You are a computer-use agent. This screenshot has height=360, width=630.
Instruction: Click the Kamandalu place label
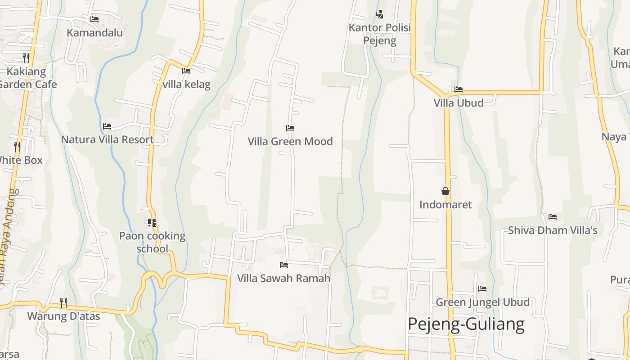94,32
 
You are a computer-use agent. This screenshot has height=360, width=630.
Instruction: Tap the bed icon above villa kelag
186,71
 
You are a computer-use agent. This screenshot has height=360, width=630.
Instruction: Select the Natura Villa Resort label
107,139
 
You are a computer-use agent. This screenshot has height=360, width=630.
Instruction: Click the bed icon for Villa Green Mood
290,128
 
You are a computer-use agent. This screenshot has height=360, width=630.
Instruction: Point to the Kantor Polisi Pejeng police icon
379,14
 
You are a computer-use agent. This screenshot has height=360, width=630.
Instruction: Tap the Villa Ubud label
459,103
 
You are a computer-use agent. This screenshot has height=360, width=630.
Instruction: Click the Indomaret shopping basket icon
445,192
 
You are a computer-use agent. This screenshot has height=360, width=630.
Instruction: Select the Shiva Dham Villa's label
553,230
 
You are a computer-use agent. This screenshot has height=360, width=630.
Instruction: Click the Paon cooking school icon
152,222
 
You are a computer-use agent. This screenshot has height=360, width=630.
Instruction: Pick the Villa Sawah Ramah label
283,278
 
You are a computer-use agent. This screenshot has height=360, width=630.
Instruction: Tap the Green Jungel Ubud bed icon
482,288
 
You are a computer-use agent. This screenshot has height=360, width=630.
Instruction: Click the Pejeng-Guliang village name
466,324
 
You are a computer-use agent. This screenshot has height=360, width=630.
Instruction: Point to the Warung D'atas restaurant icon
63,302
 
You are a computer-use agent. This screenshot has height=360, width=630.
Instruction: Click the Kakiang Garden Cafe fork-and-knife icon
26,58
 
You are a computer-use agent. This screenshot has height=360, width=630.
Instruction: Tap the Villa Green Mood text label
290,141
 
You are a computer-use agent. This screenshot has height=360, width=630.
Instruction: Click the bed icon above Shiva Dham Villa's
553,217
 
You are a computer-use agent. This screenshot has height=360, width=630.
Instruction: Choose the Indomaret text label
445,205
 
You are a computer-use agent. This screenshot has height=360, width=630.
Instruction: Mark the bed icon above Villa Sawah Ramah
283,265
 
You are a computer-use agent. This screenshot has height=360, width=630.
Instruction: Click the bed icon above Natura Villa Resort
107,126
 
